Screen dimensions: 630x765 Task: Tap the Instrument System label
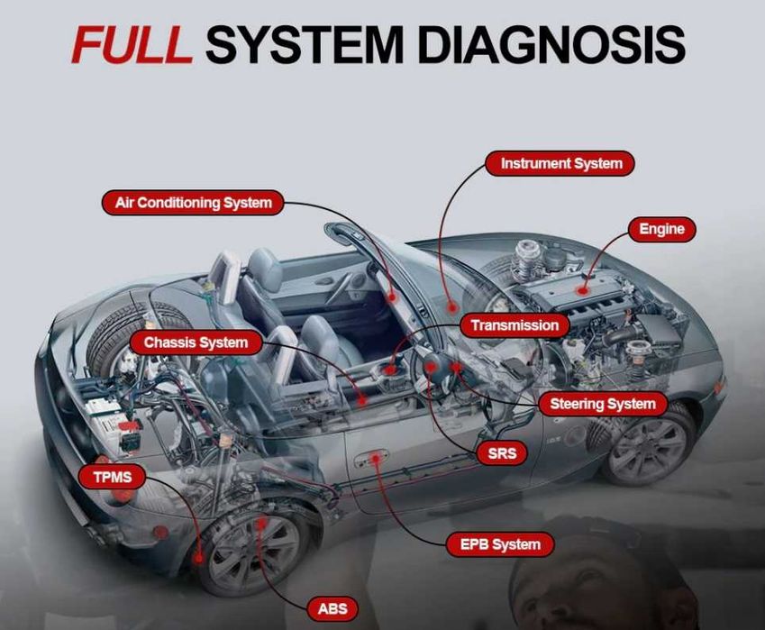point(560,164)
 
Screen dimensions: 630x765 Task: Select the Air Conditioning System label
point(193,202)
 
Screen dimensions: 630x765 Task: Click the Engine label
point(661,229)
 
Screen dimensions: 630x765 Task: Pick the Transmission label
point(515,325)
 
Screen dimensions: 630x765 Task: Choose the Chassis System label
point(196,342)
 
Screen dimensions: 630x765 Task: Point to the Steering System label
point(602,404)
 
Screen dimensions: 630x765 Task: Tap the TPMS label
point(112,477)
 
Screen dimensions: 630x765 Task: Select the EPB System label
point(500,544)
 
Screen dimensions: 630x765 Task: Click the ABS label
point(332,608)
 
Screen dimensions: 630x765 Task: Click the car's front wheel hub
point(647,443)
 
